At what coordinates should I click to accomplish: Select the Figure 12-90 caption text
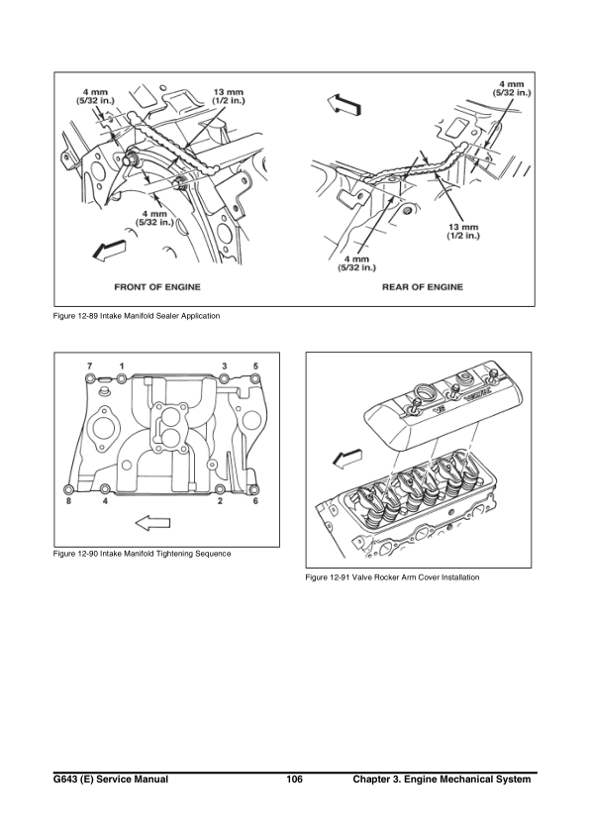[142, 553]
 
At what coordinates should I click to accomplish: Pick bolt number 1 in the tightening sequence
[123, 379]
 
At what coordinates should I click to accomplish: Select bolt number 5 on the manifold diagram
[255, 379]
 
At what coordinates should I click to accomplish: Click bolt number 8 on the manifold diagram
[68, 489]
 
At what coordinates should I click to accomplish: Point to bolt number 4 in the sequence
[105, 489]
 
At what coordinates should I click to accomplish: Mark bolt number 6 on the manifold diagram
[255, 489]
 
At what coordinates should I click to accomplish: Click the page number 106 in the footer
[293, 781]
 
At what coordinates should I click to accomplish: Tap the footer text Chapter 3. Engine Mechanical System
[442, 781]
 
